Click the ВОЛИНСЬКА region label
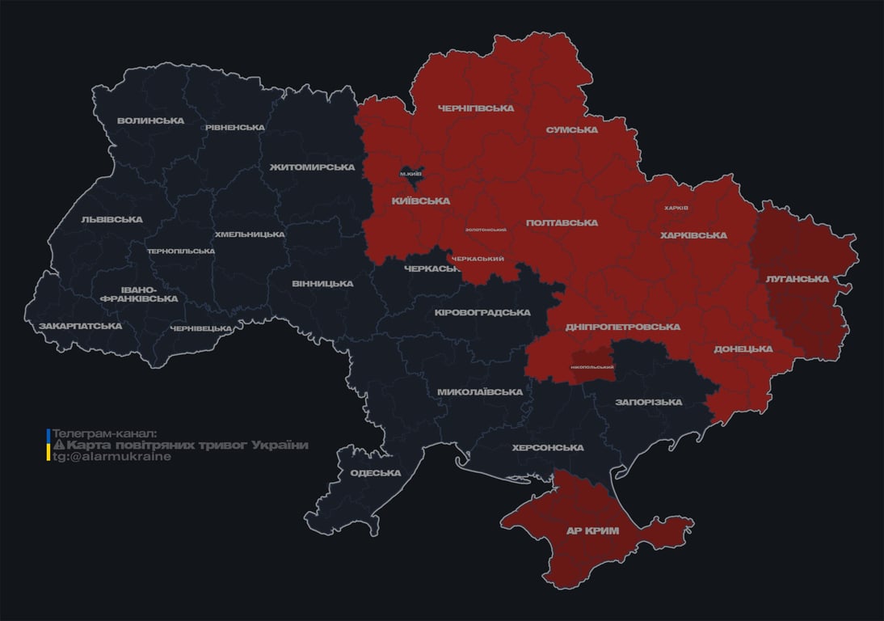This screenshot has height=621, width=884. tap(150, 121)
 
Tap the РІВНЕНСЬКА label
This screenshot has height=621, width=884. tap(234, 128)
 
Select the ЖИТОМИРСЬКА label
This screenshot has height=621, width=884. tap(313, 167)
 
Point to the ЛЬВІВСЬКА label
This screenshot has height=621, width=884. tap(112, 220)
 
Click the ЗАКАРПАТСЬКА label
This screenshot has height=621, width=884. tap(80, 327)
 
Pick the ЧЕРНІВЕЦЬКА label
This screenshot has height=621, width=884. tap(201, 328)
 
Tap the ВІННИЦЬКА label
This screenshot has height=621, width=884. tap(322, 284)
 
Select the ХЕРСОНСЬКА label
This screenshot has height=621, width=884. tap(548, 448)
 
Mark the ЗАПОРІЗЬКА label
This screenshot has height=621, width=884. tap(648, 402)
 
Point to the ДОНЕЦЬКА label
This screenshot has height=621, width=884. tap(743, 349)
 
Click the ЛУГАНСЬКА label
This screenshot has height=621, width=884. tap(798, 279)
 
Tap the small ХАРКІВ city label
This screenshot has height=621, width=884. tap(676, 208)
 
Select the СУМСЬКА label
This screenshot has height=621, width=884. tap(572, 130)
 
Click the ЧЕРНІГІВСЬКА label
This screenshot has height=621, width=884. tap(475, 108)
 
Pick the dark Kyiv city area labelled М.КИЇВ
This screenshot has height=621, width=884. tap(411, 174)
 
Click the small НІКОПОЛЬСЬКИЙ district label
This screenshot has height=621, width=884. tap(592, 367)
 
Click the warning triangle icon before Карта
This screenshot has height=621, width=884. tap(59, 446)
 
